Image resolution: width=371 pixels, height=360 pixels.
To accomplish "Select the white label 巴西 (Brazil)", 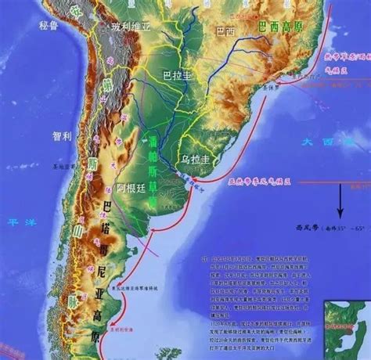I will coord(225,31).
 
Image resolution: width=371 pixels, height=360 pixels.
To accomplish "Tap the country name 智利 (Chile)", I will coord(63,135).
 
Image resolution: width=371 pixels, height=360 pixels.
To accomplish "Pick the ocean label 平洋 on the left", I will coord(16,221).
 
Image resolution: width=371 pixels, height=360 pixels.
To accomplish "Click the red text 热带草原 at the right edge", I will coord(344,56).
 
